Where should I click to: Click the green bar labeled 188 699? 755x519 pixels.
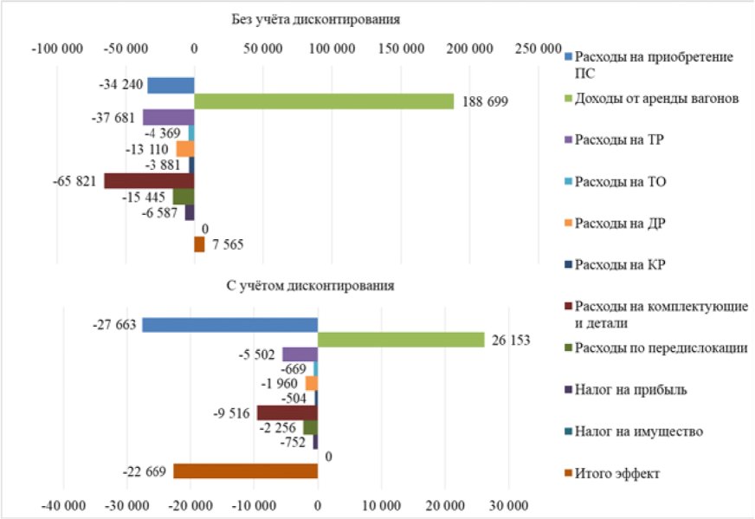coord(323,101)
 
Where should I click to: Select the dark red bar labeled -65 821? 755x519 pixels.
coord(149,181)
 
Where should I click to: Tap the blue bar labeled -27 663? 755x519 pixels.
coord(229,325)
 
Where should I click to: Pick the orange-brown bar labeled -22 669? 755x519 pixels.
coord(246,471)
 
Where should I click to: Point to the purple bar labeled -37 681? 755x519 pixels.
coord(168,118)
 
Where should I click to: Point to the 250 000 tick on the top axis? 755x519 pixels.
coord(538,49)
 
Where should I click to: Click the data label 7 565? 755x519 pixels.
coord(227,245)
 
